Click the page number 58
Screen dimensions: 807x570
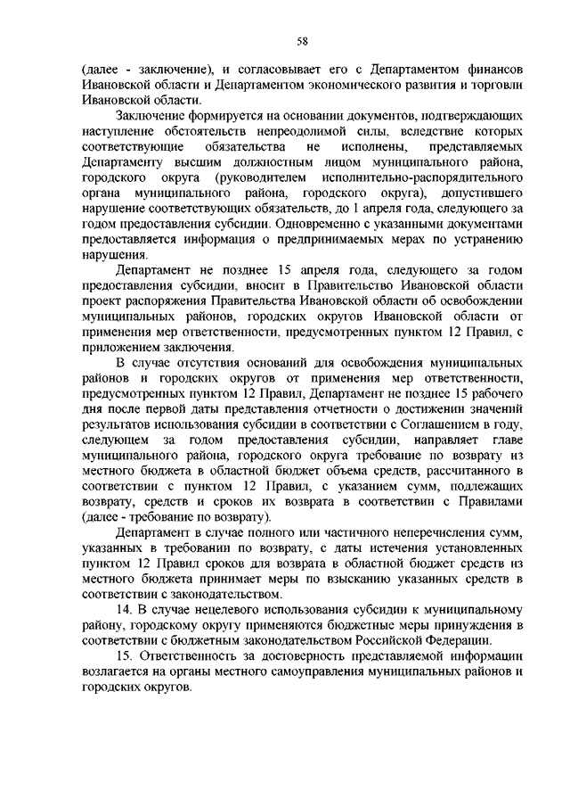[x=302, y=41]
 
